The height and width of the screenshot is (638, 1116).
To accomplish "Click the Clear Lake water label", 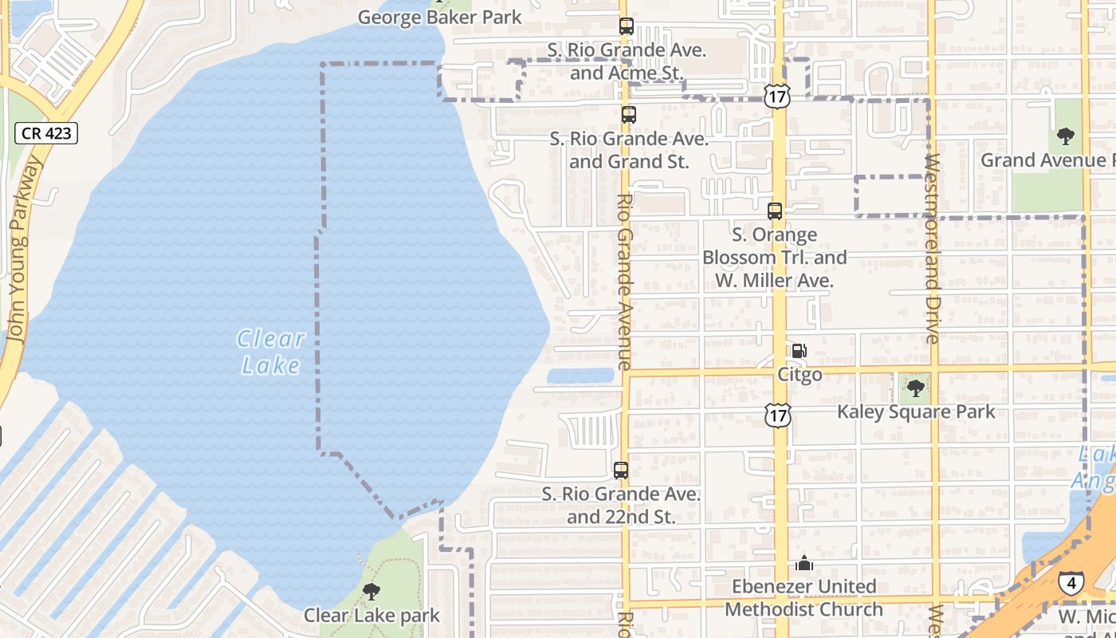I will click(x=271, y=352).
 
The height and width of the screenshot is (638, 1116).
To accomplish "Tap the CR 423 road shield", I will click(x=47, y=133).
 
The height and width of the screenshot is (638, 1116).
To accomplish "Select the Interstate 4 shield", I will click(x=1071, y=582).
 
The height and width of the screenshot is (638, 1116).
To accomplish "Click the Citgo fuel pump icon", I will click(x=799, y=351).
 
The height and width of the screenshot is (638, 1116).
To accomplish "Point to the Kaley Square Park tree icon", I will click(x=916, y=388).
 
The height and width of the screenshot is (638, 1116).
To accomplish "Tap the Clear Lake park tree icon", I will click(x=371, y=592).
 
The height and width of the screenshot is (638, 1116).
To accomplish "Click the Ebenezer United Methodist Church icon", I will click(x=804, y=563).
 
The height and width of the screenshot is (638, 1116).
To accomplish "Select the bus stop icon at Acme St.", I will click(x=627, y=26).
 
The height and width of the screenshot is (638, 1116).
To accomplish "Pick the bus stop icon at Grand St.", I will click(x=629, y=114).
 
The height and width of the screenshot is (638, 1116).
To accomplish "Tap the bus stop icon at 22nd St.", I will click(x=621, y=471).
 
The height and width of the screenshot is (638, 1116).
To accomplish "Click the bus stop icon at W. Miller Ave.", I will click(x=775, y=211).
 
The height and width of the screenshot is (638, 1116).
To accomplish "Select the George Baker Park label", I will click(x=439, y=17).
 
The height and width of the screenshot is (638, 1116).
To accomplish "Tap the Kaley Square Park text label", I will click(x=916, y=412).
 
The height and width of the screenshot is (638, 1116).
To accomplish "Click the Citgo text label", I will click(x=800, y=375).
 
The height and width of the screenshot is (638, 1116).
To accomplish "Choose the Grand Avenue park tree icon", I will click(x=1066, y=136).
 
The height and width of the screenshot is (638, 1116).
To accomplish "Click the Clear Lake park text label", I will click(x=371, y=616).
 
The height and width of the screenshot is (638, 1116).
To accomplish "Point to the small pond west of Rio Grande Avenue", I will click(x=580, y=376).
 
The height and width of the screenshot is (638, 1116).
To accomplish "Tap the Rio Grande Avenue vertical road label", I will click(x=624, y=282).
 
